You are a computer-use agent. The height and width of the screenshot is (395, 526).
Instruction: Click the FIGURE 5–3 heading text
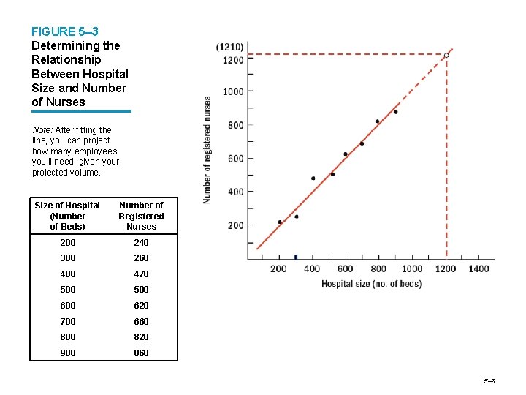pyautogui.click(x=64, y=31)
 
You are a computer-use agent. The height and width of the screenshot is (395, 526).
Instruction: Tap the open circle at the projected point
pyautogui.click(x=446, y=56)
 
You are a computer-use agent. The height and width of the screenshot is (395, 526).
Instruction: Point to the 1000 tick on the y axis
pyautogui.click(x=234, y=91)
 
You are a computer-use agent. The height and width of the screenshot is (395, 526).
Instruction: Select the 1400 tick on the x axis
pyautogui.click(x=479, y=268)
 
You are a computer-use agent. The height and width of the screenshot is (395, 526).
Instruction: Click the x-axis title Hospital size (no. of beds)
pyautogui.click(x=371, y=284)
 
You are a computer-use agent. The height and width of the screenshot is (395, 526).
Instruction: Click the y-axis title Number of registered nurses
pyautogui.click(x=207, y=149)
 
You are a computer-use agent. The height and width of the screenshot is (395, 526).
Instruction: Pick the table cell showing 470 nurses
pyautogui.click(x=141, y=274)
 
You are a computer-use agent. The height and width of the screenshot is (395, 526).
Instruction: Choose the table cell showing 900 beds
pyautogui.click(x=67, y=353)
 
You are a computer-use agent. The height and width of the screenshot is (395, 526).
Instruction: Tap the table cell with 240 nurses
pyautogui.click(x=141, y=243)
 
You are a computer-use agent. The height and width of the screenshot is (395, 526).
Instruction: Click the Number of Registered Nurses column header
pyautogui.click(x=141, y=216)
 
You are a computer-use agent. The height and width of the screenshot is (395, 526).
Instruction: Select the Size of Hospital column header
pyautogui.click(x=67, y=216)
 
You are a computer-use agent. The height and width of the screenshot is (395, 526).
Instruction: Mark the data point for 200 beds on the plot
pyautogui.click(x=280, y=222)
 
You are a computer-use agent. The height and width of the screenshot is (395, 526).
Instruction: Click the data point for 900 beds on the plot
pyautogui.click(x=395, y=112)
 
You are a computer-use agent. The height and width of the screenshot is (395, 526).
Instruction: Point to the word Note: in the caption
pyautogui.click(x=42, y=130)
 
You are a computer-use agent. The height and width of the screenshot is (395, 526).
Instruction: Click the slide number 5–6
pyautogui.click(x=489, y=382)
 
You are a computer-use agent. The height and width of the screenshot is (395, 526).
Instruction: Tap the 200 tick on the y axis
pyautogui.click(x=235, y=225)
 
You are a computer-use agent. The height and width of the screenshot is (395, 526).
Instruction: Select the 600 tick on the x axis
pyautogui.click(x=346, y=268)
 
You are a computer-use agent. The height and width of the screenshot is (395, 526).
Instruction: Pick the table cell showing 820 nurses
pyautogui.click(x=141, y=337)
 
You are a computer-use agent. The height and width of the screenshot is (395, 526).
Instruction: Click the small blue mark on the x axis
pyautogui.click(x=296, y=257)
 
